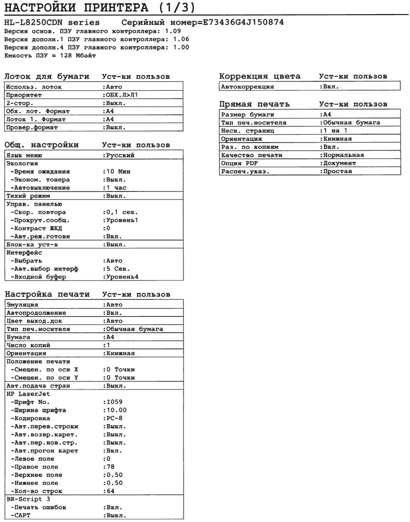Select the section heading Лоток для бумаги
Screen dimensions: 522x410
pos(47,77)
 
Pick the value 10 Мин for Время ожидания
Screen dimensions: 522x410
pos(118,171)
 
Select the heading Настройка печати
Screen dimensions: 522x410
pos(47,294)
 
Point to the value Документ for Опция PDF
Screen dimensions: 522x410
pos(340,163)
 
